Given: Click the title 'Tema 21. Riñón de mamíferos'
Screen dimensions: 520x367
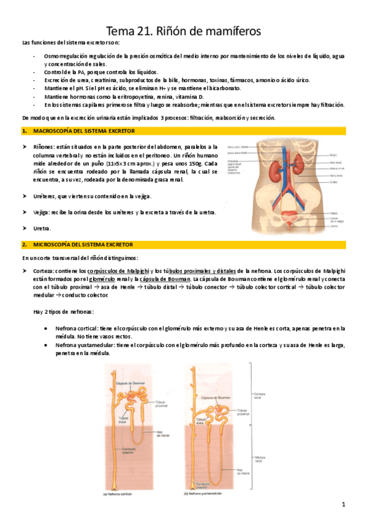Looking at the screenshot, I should (x=183, y=30).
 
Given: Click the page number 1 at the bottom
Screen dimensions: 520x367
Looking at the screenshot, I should (x=344, y=505).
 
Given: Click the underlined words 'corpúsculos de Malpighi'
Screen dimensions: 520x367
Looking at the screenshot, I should (x=116, y=270).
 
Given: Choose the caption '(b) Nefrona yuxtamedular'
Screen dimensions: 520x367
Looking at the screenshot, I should (x=205, y=492).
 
